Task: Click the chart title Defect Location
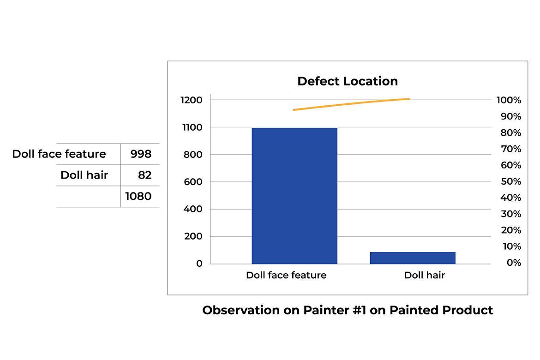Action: (x=348, y=81)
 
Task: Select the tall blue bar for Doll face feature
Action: (x=294, y=196)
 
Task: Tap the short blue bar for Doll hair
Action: (x=413, y=258)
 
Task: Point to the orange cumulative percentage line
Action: (x=351, y=104)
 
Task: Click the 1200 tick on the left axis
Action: (x=192, y=100)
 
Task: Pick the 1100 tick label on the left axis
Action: (x=192, y=127)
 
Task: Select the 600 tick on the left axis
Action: (x=193, y=182)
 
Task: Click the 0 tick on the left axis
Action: (x=199, y=264)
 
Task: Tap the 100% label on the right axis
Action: (x=509, y=100)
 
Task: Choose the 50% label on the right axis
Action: (x=511, y=181)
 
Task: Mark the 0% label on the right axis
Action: (x=514, y=263)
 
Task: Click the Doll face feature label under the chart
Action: (x=286, y=275)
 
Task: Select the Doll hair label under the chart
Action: (x=424, y=275)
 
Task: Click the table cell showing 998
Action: (x=141, y=154)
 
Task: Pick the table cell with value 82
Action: (x=144, y=175)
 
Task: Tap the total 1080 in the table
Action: (x=138, y=196)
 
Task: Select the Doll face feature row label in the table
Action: (x=59, y=154)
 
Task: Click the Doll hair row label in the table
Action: (x=84, y=175)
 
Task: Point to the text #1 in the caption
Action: (x=359, y=310)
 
